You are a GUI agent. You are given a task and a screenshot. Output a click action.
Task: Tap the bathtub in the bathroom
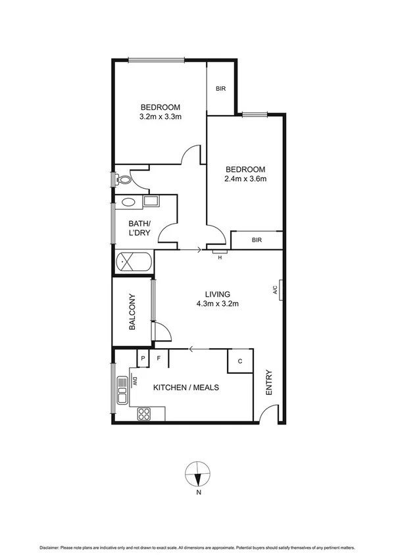click(134, 263)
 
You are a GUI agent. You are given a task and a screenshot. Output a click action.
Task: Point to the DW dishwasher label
click(134, 380)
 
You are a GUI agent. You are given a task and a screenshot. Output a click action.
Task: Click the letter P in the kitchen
click(142, 359)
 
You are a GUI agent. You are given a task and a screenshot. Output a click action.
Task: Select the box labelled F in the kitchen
click(159, 359)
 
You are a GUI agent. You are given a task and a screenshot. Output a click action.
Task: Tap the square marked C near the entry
click(240, 361)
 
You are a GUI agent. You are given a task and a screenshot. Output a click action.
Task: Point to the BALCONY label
click(132, 311)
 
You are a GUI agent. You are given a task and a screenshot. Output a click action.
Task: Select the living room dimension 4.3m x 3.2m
click(216, 304)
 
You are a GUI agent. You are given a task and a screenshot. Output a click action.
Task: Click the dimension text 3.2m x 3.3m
click(160, 117)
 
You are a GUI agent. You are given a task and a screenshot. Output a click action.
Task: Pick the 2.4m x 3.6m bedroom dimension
click(245, 178)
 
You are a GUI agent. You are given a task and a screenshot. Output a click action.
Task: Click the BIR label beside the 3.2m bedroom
click(222, 89)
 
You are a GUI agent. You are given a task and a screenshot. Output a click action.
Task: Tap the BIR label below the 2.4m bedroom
click(257, 240)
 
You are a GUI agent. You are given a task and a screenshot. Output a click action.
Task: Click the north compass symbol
click(197, 474)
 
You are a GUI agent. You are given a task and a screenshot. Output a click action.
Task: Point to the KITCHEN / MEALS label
click(186, 388)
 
